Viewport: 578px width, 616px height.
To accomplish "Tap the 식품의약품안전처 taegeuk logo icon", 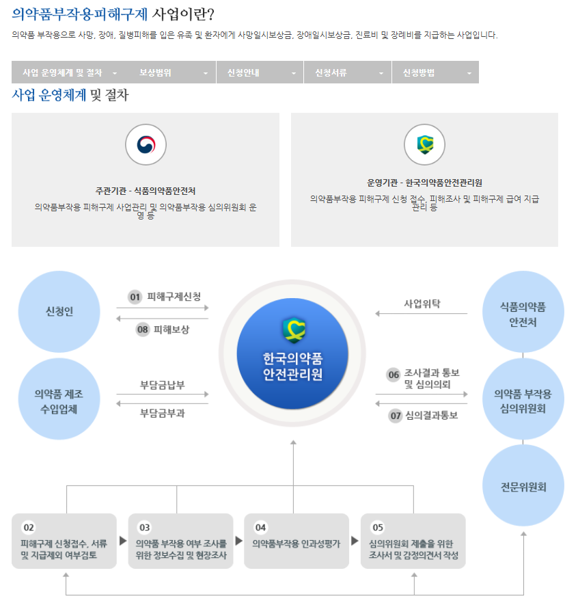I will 146,144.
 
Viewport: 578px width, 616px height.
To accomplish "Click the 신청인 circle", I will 59,312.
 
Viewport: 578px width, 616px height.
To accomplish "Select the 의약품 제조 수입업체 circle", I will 59,401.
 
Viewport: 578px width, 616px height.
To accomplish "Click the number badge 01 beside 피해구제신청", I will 135,297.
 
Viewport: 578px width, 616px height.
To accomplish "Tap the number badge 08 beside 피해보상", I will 143,330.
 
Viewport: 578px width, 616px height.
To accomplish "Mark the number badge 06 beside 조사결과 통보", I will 394,375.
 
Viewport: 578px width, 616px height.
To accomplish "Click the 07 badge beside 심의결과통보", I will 396,415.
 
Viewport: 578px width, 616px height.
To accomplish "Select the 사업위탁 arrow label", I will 422,303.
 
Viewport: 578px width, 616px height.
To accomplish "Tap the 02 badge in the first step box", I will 29,528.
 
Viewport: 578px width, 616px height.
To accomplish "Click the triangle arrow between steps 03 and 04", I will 239,541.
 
